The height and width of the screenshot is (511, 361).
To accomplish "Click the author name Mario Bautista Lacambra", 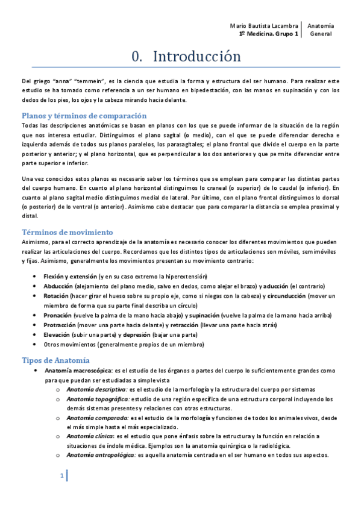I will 265,27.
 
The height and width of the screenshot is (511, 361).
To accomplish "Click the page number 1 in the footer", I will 61,477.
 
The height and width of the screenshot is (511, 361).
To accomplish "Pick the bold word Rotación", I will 56,296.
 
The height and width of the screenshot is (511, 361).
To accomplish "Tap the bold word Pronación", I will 58,315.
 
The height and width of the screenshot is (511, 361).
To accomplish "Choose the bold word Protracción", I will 60,325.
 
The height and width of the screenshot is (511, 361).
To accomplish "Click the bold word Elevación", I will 57,334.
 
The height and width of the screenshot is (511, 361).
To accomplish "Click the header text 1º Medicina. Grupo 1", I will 268,35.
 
